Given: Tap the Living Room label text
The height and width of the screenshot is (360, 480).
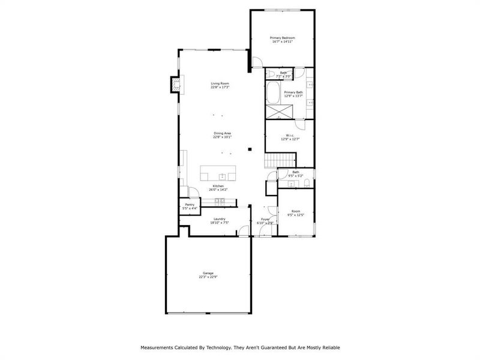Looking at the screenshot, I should click(220, 83).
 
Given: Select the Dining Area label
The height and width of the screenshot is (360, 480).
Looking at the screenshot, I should click(222, 133).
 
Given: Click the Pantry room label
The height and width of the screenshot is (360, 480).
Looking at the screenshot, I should click(190, 205).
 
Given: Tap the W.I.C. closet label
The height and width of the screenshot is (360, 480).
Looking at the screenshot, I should click(290, 136).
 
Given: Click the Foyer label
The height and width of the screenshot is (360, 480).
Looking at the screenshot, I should click(265, 220).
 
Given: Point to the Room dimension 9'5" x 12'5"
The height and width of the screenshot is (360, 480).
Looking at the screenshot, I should click(296, 215).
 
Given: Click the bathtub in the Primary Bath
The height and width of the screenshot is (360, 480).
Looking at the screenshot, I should click(274, 94).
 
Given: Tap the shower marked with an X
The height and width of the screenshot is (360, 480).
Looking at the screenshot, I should click(277, 112).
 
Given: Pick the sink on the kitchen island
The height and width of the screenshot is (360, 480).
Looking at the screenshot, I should click(222, 176).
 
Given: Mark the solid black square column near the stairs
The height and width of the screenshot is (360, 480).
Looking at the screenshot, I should click(250, 149).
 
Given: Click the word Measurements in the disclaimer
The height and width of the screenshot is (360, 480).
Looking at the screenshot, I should click(157, 347).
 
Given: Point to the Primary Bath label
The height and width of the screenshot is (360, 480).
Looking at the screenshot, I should click(293, 92).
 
